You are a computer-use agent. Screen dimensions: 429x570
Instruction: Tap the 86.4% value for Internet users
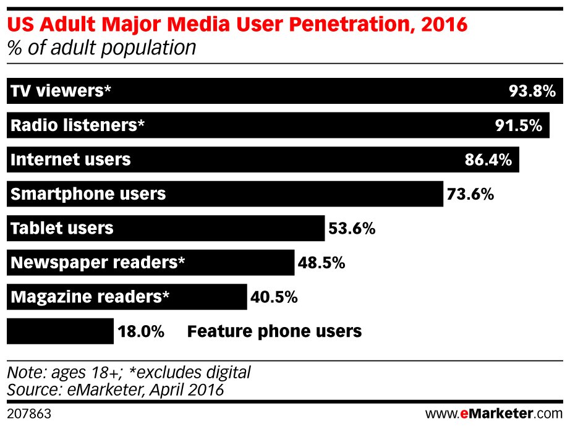coord(488,160)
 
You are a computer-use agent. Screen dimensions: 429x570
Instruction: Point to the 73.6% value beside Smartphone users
coord(470,194)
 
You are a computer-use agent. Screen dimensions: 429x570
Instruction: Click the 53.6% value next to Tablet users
coord(352,229)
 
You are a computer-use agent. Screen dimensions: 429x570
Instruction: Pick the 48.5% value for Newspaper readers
coord(321,263)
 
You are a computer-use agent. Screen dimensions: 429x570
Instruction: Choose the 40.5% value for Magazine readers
coord(274,297)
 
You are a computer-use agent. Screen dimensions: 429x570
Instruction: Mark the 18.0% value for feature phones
coord(140,331)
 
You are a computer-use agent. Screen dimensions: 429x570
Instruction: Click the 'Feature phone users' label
coord(274,331)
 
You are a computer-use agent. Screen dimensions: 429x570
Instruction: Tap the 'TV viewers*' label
coord(61,91)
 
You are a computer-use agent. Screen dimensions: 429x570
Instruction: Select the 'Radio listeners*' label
coord(77,125)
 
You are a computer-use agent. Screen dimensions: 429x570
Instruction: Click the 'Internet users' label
coord(70,160)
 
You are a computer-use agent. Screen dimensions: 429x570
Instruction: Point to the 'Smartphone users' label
coord(88,194)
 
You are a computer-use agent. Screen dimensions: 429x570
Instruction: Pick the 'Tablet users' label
coord(62,229)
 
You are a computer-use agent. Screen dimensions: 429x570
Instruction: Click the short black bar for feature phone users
coord(60,331)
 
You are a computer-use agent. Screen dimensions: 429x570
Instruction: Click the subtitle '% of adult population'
coord(101,48)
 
